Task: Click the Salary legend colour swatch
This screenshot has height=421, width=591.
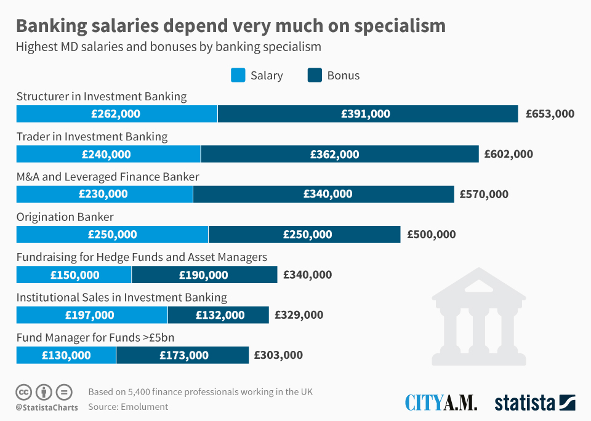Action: tap(238, 75)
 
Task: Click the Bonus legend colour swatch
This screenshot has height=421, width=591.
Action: tap(314, 75)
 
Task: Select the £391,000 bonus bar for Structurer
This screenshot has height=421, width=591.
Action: tap(368, 114)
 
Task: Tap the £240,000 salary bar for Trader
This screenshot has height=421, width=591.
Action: tap(108, 154)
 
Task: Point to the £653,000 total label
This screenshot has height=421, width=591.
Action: tap(550, 114)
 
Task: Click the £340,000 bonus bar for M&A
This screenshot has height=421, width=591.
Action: tap(323, 194)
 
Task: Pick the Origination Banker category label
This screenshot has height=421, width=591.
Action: tap(65, 217)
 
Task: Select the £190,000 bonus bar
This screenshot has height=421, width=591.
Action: tap(204, 275)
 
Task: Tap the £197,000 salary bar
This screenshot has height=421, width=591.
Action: tap(92, 315)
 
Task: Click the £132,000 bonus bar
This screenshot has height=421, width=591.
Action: tap(218, 315)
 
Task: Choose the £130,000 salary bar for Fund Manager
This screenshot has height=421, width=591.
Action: tap(66, 355)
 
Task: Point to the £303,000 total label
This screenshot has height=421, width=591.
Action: tap(278, 355)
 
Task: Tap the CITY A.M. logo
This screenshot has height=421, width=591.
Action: tap(441, 403)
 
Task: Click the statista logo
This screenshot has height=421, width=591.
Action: tap(534, 403)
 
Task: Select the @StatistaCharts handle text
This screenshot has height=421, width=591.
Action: tap(47, 407)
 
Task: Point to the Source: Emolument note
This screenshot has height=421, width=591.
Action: tap(128, 407)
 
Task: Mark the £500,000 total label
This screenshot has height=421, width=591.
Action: tap(431, 235)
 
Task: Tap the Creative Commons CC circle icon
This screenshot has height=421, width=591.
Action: tap(24, 391)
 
